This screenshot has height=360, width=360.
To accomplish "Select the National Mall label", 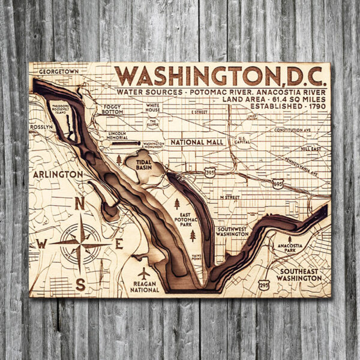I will pyautogui.click(x=197, y=142).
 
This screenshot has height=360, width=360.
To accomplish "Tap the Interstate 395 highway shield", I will pyautogui.click(x=209, y=173).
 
